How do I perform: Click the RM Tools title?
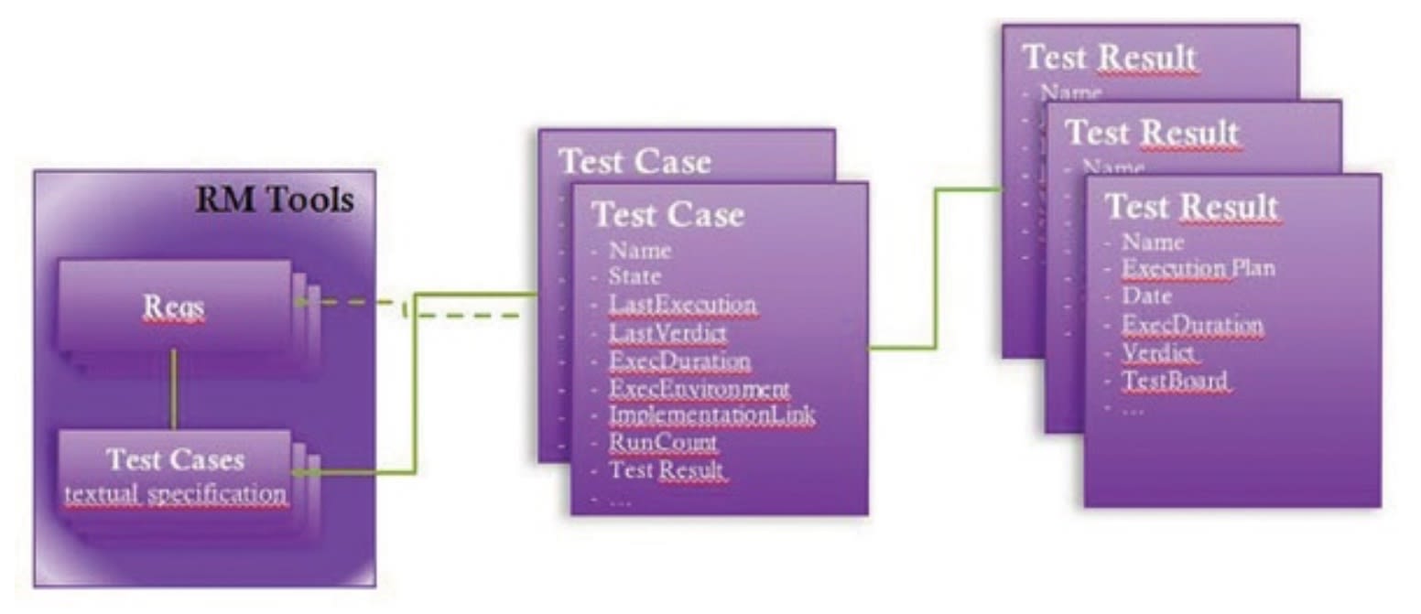tap(274, 199)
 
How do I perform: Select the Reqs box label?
tap(173, 308)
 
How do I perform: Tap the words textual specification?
tap(175, 494)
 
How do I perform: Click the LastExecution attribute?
tap(683, 305)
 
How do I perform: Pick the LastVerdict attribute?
tap(668, 333)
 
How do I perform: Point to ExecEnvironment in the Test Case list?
tap(700, 388)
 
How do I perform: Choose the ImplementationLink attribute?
tap(711, 415)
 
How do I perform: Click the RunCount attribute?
tap(664, 444)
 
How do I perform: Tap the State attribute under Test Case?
tap(635, 276)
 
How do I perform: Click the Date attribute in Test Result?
tap(1147, 296)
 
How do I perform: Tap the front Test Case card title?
tap(667, 215)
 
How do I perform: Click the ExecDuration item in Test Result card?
tap(1193, 325)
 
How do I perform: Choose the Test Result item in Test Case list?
tap(667, 471)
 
